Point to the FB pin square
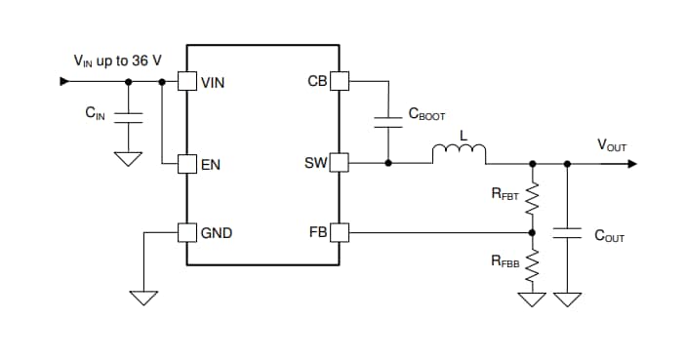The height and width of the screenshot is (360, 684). click(339, 232)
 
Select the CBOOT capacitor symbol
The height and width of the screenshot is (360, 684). click(389, 121)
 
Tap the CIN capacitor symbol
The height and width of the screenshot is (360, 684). click(129, 117)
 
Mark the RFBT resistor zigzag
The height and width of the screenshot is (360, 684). click(532, 200)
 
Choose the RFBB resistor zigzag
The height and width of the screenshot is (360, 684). click(532, 263)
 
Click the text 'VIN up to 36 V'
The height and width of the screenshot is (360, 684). click(118, 60)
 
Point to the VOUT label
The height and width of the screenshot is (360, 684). click(612, 145)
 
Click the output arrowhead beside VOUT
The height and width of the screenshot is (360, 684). click(631, 163)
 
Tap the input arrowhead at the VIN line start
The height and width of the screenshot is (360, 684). click(65, 82)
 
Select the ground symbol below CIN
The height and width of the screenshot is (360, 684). click(129, 159)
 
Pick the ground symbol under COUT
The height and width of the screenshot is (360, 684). click(566, 299)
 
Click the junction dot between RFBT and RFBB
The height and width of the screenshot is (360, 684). click(532, 232)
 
